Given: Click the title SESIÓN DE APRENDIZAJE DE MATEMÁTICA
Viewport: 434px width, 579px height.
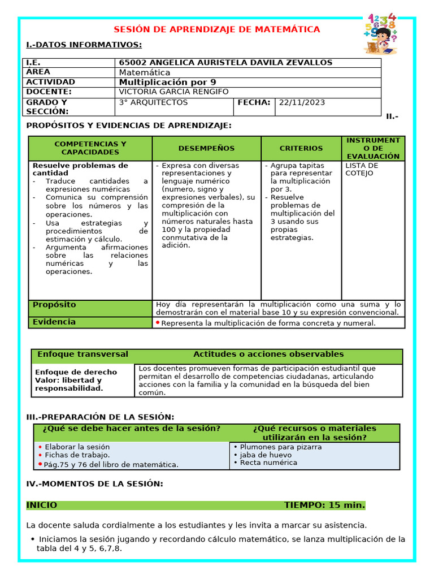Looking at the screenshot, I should click(217, 29).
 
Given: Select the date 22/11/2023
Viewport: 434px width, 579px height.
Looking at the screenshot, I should click(302, 102).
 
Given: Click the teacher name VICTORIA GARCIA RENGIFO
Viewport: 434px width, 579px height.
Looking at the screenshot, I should click(174, 92).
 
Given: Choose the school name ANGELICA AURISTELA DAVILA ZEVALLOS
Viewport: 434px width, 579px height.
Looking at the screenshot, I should click(225, 63).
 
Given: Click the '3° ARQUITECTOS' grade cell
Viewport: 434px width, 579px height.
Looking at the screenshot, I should click(153, 102).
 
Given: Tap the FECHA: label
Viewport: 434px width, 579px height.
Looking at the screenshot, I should click(254, 102).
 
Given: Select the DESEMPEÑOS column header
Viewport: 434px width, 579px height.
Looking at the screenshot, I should click(206, 148).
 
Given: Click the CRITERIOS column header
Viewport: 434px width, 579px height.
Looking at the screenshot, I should click(301, 148).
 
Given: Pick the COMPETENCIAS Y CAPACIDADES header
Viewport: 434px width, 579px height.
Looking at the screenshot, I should click(90, 148).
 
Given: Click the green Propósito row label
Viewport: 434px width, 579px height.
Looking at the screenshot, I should click(54, 305).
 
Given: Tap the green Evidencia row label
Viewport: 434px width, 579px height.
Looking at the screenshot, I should click(54, 322).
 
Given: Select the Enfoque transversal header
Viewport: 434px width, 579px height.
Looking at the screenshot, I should click(83, 355).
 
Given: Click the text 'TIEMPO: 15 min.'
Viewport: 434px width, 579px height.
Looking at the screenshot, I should click(324, 505).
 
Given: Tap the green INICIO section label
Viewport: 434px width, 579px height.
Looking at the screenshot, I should click(42, 505).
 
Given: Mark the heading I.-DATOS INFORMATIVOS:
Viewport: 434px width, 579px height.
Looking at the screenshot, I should click(84, 45).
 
